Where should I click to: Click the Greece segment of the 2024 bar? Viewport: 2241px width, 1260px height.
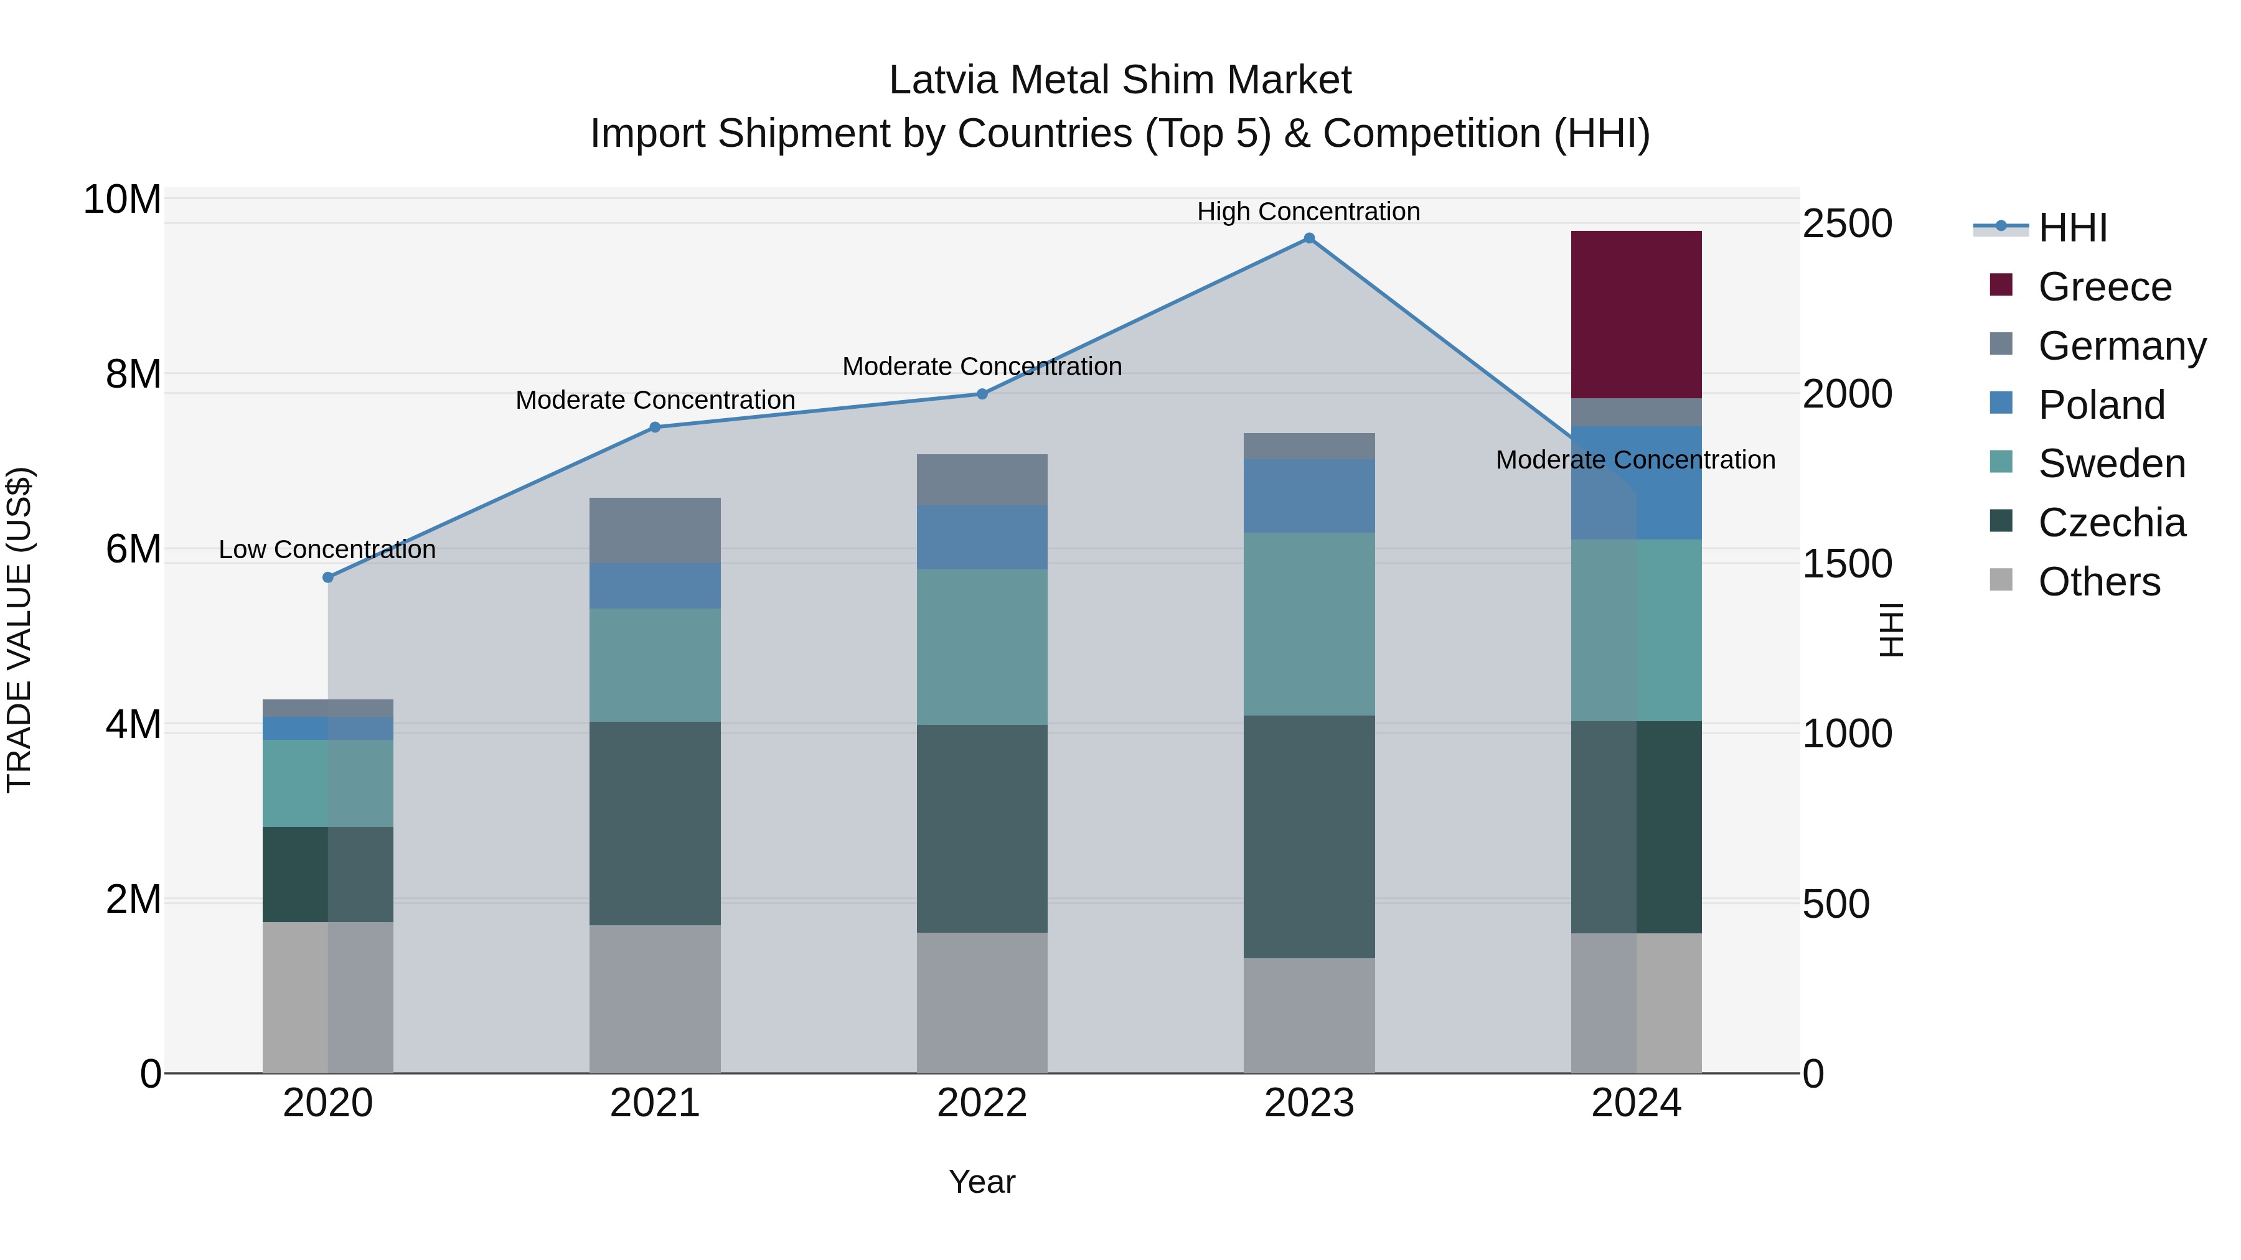click(x=1635, y=314)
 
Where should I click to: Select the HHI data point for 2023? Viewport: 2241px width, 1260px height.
click(x=1308, y=238)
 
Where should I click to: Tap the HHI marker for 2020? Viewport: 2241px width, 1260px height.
click(x=328, y=577)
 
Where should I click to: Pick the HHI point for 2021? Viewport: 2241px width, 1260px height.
click(x=655, y=427)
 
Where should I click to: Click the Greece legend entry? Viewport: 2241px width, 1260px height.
click(x=2103, y=287)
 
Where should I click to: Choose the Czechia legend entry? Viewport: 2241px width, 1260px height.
click(x=2110, y=523)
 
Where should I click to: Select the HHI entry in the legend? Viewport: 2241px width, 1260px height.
click(x=2070, y=228)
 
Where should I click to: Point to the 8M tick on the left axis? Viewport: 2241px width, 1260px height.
click(x=133, y=375)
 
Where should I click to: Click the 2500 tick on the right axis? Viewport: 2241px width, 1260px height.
click(x=1846, y=223)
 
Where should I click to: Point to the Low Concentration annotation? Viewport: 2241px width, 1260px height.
click(x=327, y=549)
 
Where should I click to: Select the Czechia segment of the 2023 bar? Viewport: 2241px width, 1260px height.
click(x=1308, y=836)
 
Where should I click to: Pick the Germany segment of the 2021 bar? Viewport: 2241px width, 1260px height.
click(x=655, y=530)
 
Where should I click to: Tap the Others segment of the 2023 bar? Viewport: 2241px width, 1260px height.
click(x=1308, y=1015)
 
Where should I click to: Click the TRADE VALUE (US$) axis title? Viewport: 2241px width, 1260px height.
click(x=20, y=630)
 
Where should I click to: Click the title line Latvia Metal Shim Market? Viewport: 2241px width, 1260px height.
click(x=1120, y=80)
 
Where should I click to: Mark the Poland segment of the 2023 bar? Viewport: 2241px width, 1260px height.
click(x=1308, y=496)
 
